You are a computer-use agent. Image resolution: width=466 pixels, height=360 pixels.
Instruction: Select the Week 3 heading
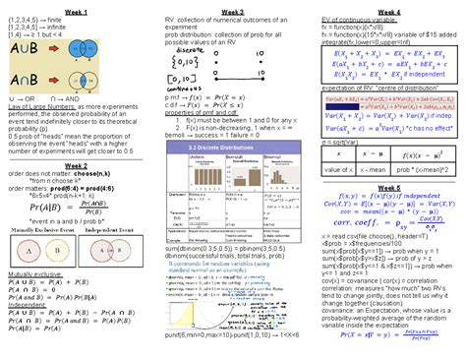pos(233,9)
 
